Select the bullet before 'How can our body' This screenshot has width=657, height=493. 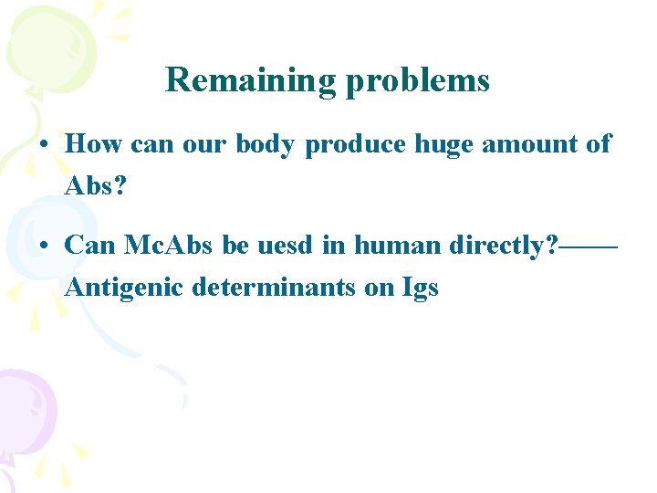(45, 145)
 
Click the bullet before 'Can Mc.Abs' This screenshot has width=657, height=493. (45, 246)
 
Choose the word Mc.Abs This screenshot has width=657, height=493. (167, 245)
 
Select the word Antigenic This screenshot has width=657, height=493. (123, 288)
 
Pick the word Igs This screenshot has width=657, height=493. (420, 288)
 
